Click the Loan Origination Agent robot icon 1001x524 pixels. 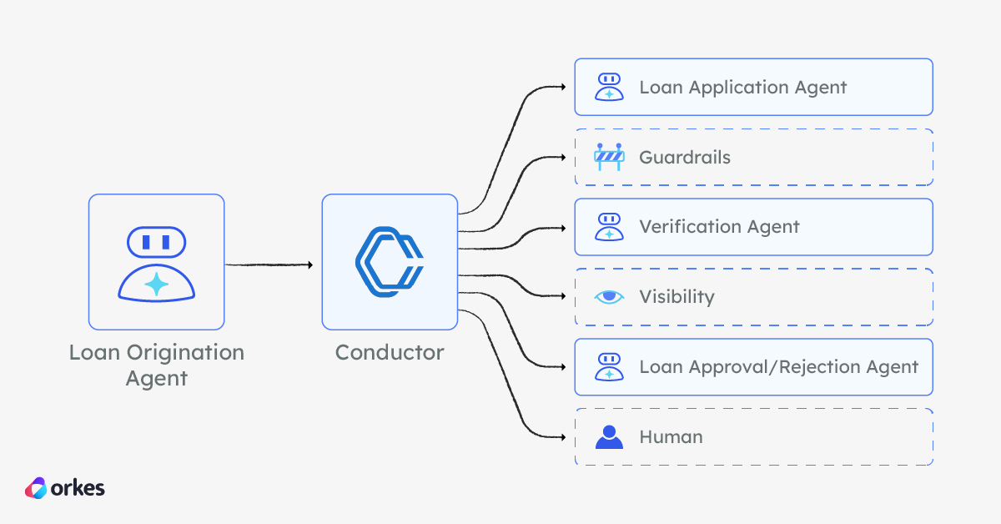coord(156,262)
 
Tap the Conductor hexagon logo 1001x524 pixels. coord(390,262)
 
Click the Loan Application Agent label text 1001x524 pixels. coord(742,87)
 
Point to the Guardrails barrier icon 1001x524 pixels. coord(609,157)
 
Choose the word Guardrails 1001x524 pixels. coord(684,157)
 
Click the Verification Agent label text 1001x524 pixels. coord(719,226)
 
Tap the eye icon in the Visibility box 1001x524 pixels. coord(609,296)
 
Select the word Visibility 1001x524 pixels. coord(677,296)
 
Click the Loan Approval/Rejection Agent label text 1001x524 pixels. coord(778,366)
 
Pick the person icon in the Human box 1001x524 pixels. coord(609,436)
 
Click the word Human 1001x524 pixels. coord(671,436)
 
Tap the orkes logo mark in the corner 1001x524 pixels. coord(36,488)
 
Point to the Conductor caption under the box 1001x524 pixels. coord(390,352)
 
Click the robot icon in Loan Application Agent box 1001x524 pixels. coord(609,87)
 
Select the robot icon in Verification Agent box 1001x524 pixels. coord(609,226)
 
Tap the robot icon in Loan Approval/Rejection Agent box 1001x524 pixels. coord(609,366)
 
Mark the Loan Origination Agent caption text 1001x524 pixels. coord(156,365)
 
